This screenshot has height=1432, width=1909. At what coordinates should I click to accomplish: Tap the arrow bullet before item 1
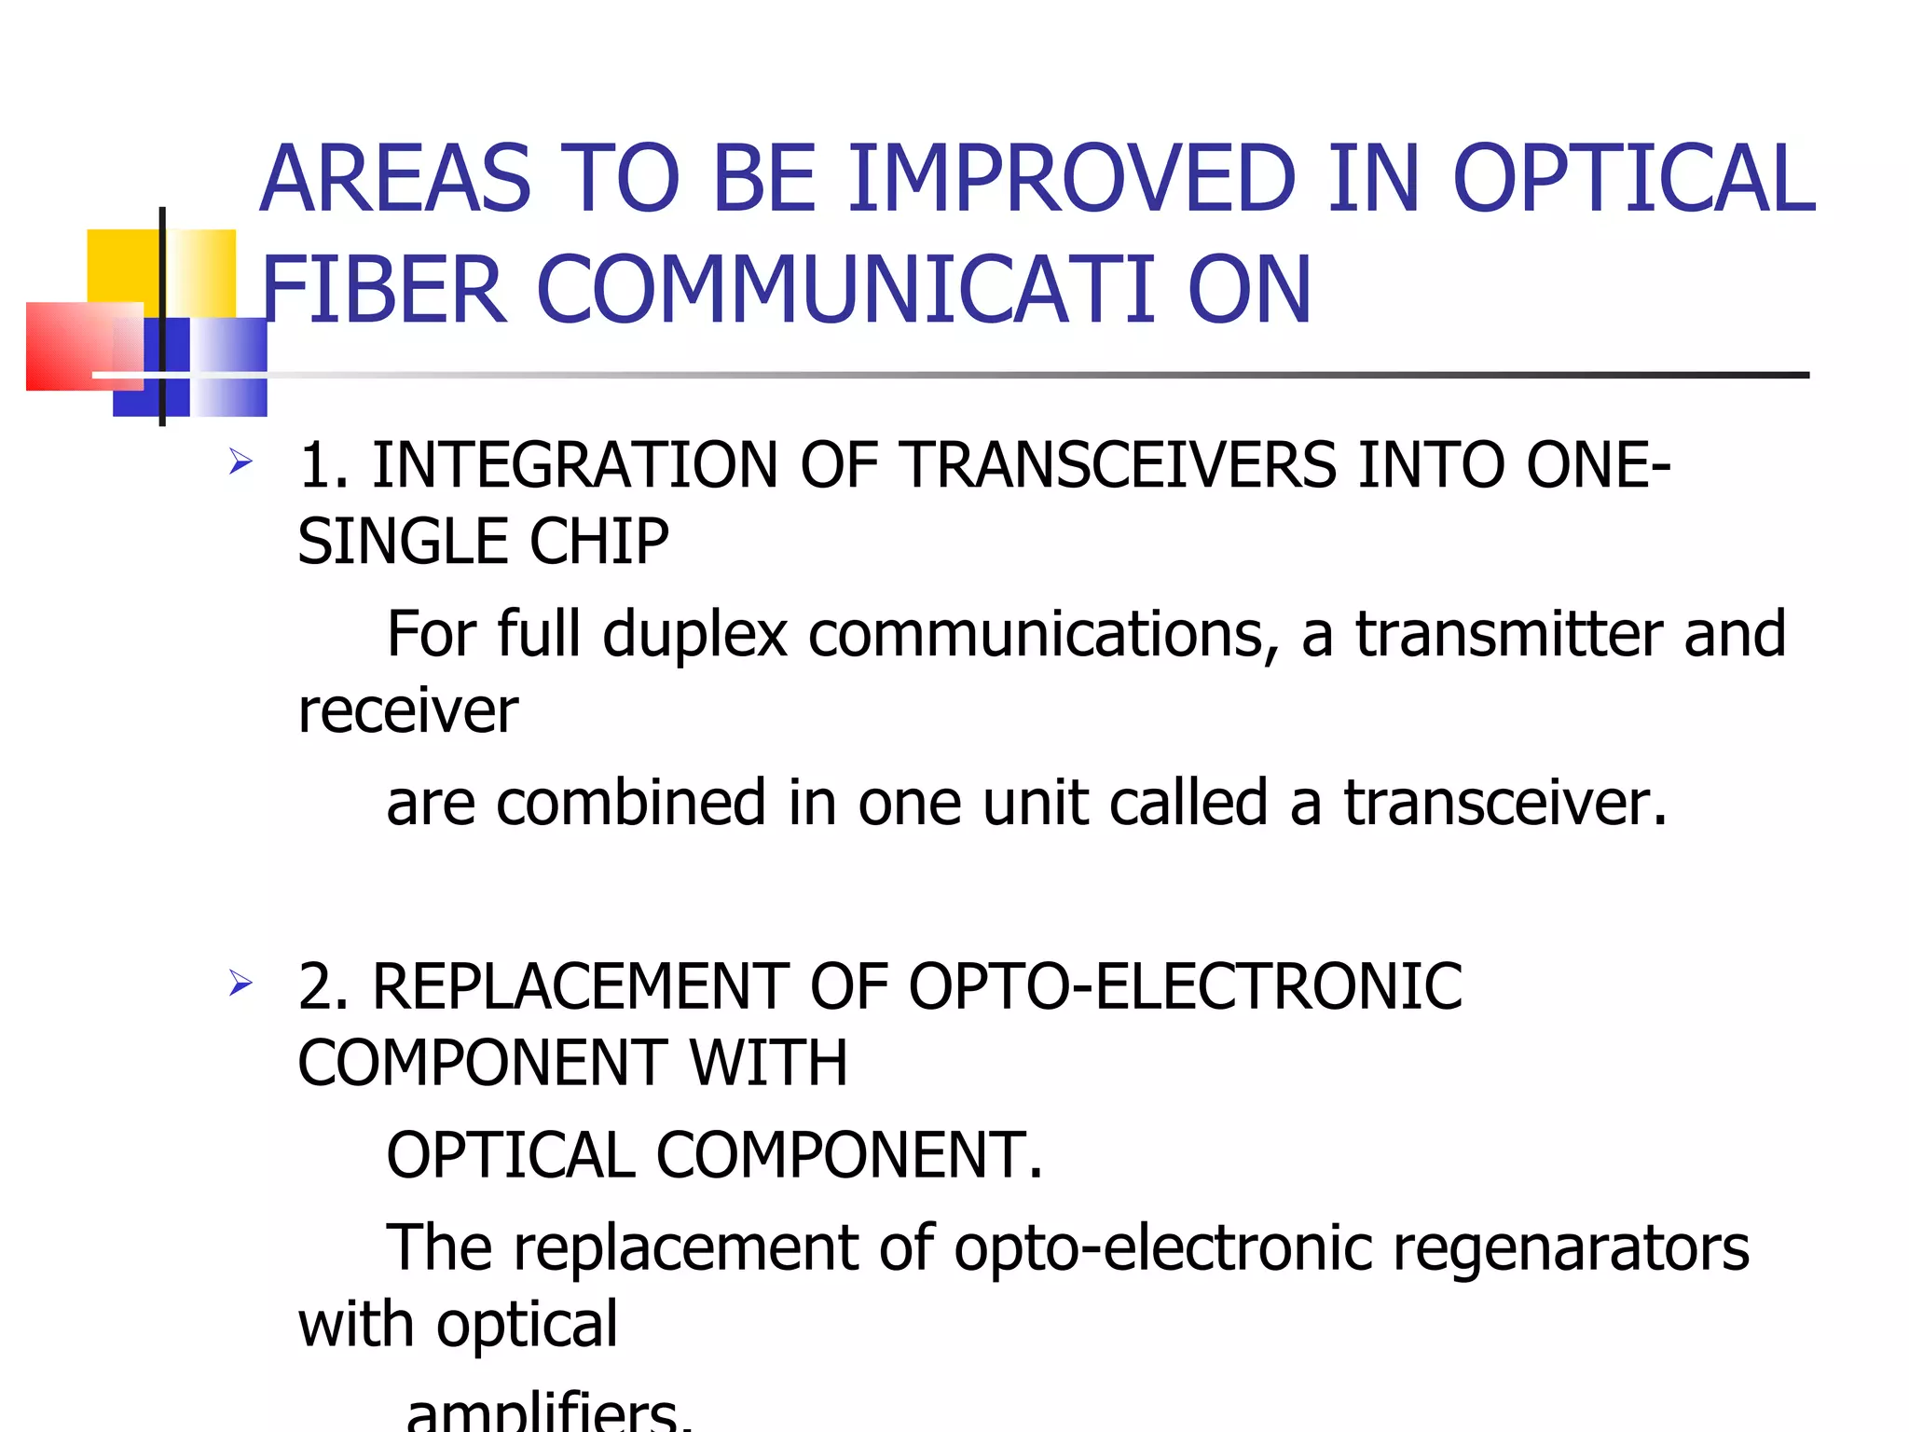(240, 461)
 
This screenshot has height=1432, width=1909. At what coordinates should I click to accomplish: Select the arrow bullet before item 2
(240, 983)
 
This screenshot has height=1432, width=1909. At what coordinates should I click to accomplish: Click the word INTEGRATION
(574, 465)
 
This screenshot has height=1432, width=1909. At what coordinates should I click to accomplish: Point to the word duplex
(695, 634)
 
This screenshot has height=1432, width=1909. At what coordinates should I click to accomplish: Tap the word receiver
(407, 710)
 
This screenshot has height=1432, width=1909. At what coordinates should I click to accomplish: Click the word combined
(630, 803)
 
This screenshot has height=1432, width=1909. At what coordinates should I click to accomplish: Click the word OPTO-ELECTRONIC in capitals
(1185, 986)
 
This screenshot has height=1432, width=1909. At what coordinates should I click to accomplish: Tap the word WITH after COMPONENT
(768, 1063)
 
